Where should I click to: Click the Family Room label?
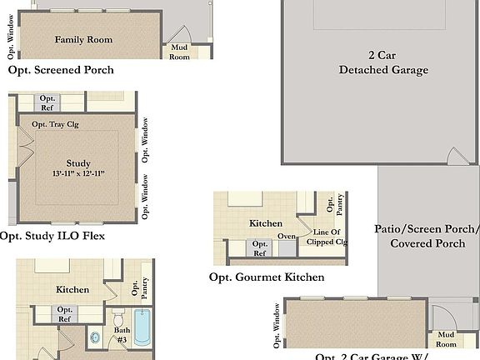coord(83,39)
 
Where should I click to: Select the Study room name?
coord(78,162)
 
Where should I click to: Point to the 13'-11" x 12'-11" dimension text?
coord(78,173)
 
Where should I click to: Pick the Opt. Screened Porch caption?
coord(61,71)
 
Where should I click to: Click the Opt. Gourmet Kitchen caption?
coord(267,277)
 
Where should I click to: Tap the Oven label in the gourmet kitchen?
coord(287,236)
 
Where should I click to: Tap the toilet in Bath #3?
coord(118,320)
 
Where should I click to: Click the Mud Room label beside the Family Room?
coord(180,52)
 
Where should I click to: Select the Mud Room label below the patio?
coord(446,339)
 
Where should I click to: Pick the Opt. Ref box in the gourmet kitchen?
coord(260,248)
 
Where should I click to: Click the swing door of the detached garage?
coord(454,157)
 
